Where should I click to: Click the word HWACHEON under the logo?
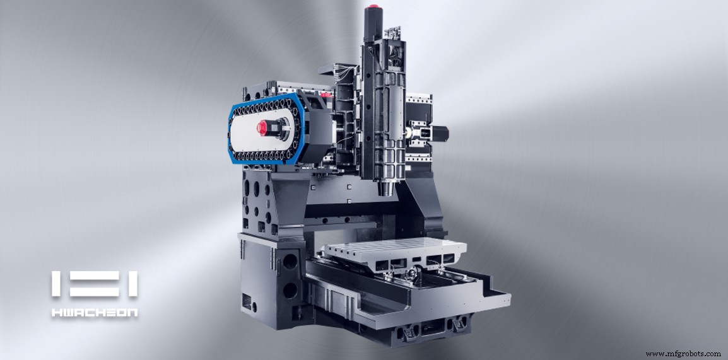coord(95,311)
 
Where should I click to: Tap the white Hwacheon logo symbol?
coord(95,284)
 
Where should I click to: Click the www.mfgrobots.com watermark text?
coord(683,354)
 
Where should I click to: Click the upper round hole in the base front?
coord(290,260)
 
